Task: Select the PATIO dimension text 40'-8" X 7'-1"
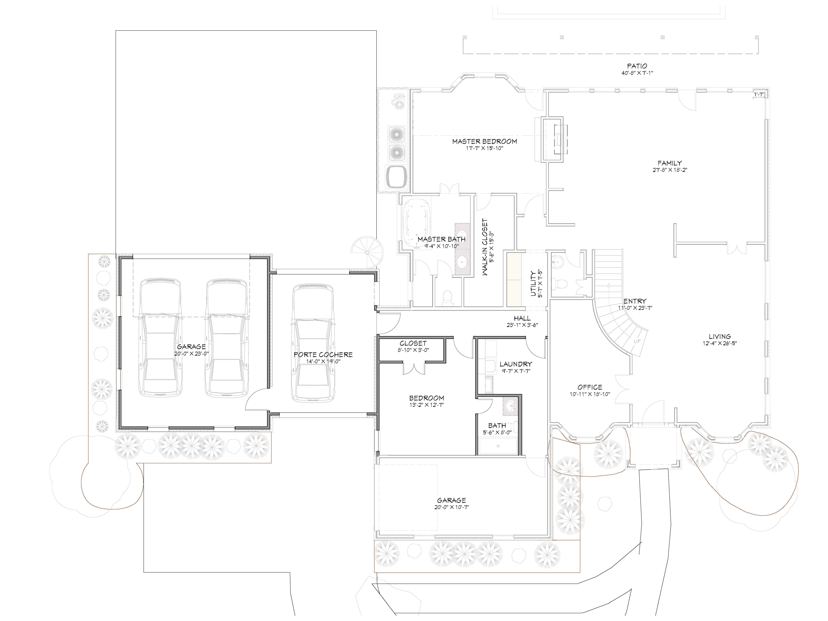pyautogui.click(x=637, y=73)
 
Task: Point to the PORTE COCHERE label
pyautogui.click(x=323, y=354)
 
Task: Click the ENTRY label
pyautogui.click(x=635, y=301)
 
